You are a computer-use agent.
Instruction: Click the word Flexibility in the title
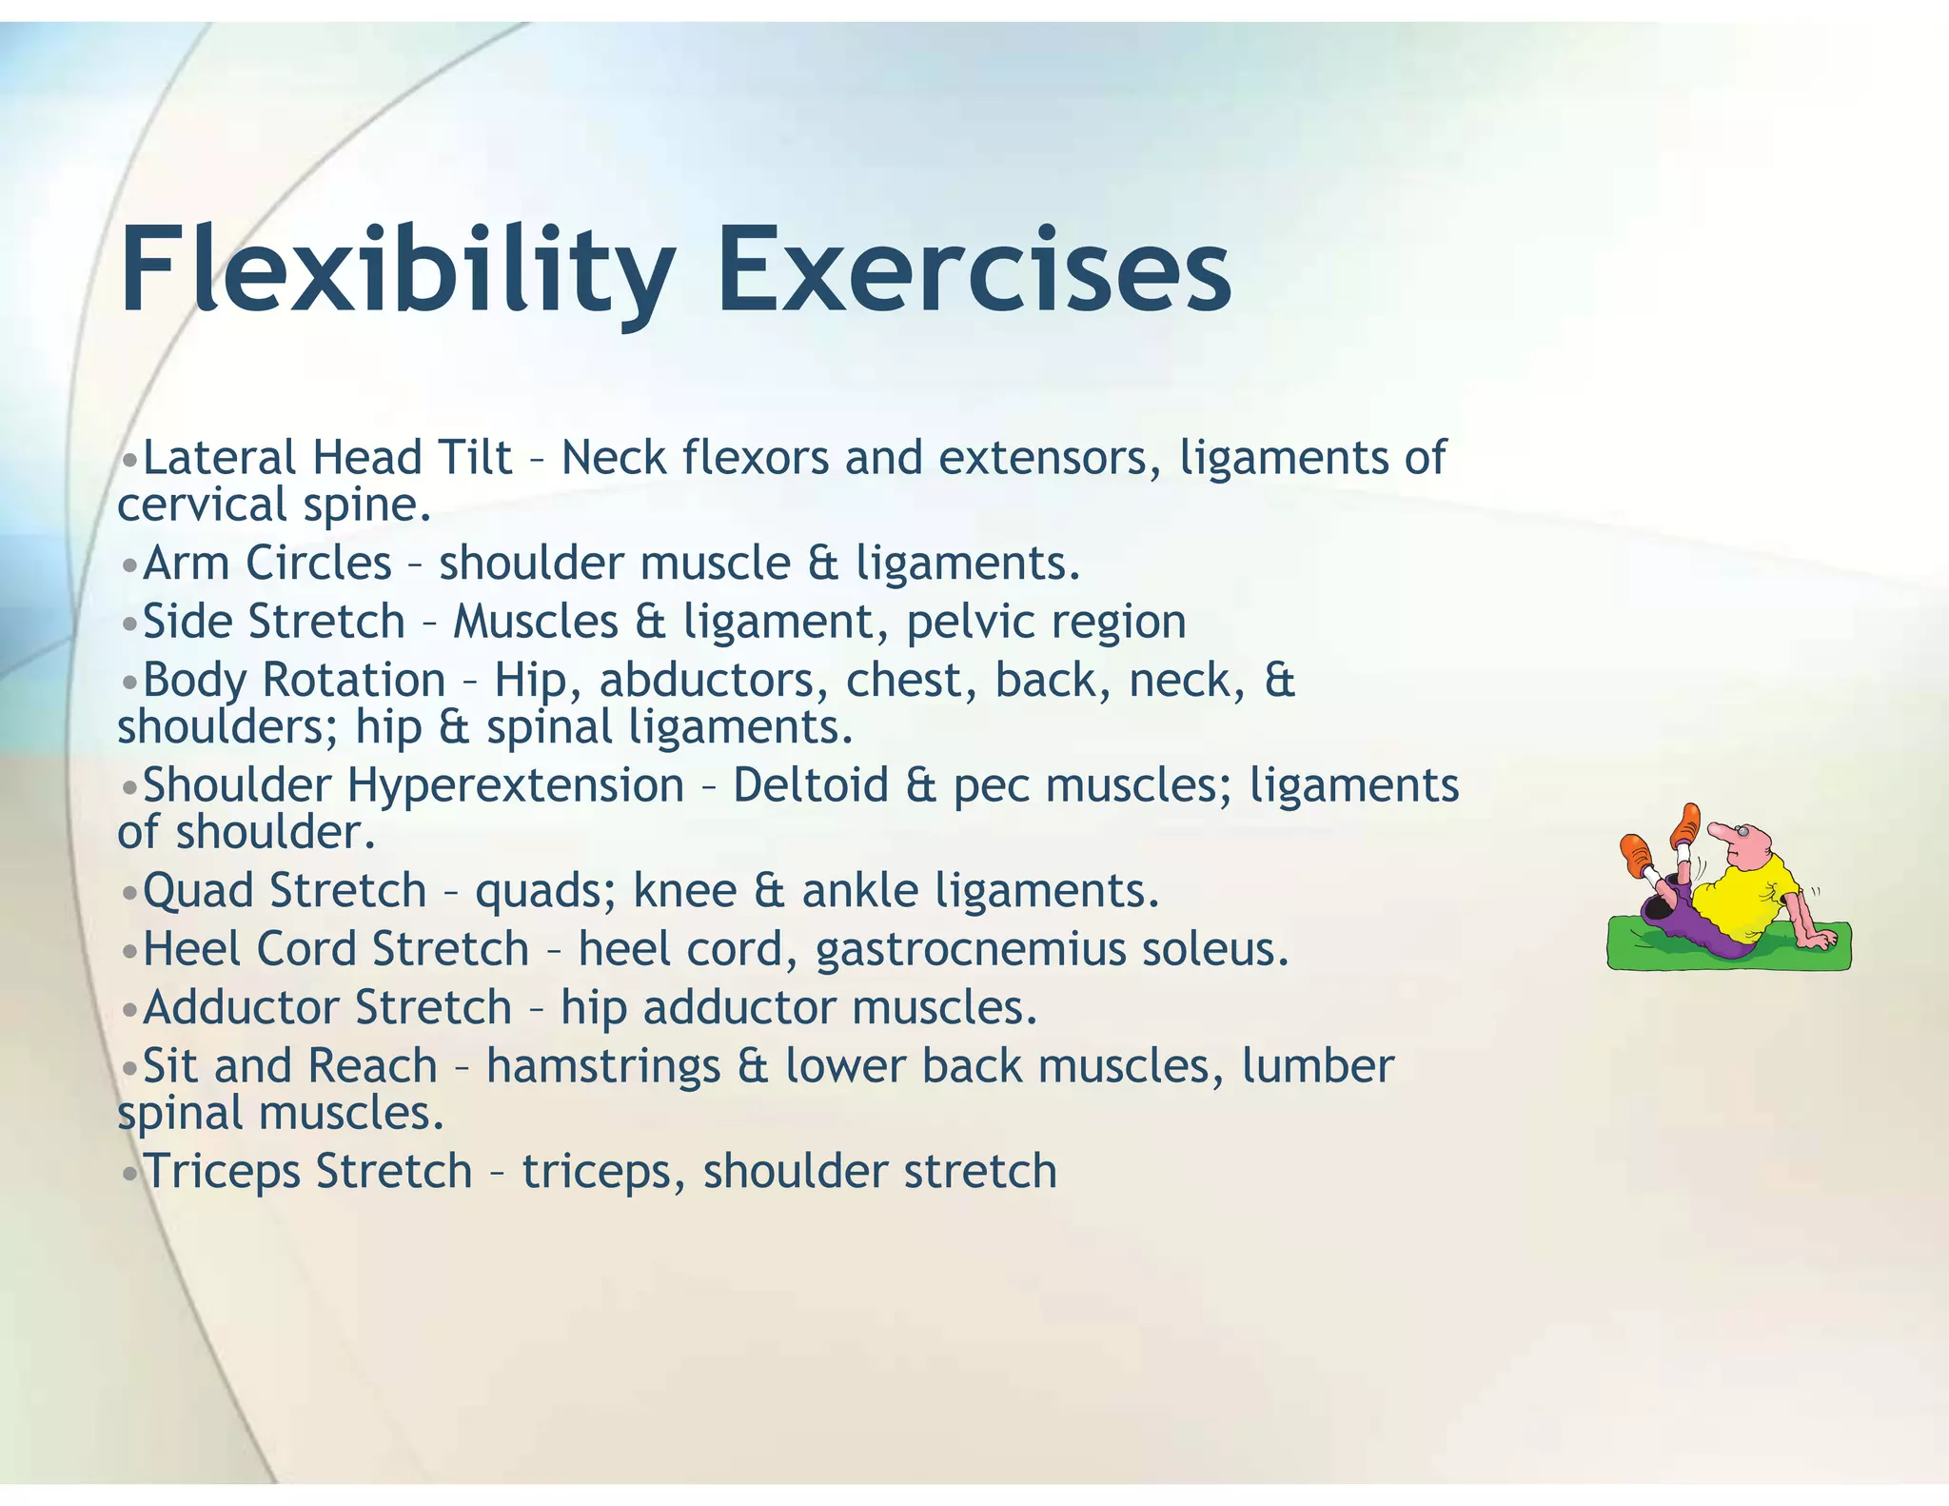(x=395, y=271)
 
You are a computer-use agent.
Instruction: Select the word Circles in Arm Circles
(x=318, y=563)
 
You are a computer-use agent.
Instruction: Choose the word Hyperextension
(x=515, y=786)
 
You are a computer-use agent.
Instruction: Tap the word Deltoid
(x=810, y=786)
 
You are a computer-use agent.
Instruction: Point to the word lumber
(x=1317, y=1066)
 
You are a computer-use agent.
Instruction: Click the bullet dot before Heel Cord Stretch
(x=130, y=951)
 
